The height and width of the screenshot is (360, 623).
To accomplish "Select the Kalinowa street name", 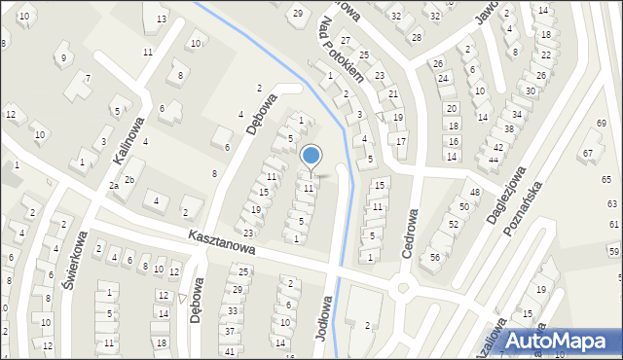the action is (128, 140).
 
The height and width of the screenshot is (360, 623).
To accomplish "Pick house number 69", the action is (601, 124).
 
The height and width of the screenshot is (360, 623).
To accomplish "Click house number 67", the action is (588, 153).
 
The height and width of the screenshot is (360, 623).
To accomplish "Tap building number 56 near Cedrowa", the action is (435, 257).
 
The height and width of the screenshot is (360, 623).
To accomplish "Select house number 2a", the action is (114, 185).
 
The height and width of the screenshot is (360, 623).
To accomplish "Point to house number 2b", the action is (128, 180).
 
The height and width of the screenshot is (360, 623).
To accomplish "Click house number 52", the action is (453, 224).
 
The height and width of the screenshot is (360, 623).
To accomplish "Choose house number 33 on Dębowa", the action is (232, 310).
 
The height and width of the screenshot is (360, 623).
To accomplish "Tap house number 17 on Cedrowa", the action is (401, 141).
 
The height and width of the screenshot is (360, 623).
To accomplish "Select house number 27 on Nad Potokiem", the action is (345, 39).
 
